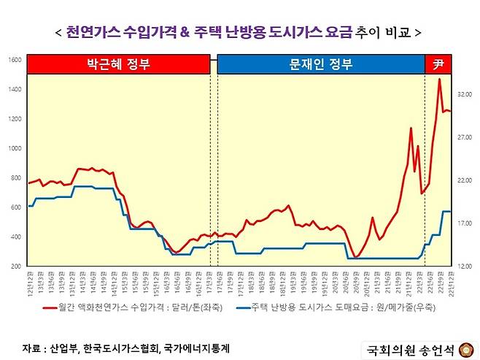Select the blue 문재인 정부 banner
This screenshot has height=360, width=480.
(320, 64)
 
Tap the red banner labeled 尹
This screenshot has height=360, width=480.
(438, 64)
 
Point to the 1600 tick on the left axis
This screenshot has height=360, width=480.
(15, 60)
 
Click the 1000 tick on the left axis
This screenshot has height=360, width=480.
(15, 148)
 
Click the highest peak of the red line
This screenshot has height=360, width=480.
(439, 79)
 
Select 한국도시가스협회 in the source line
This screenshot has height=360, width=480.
(120, 348)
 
